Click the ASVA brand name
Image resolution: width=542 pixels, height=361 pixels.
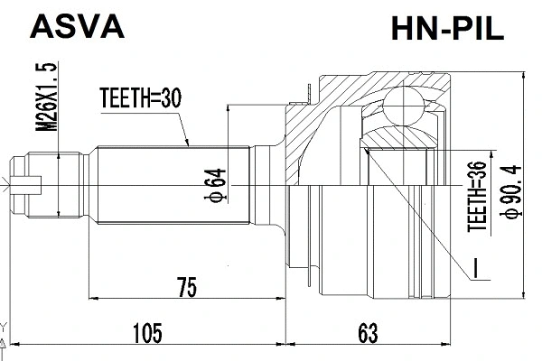(x=77, y=27)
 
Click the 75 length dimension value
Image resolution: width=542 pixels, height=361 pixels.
(x=186, y=288)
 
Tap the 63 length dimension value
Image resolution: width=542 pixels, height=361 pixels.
(x=366, y=334)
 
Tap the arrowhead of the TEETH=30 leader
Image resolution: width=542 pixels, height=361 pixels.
(x=187, y=143)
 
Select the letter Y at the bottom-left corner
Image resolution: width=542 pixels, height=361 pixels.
(x=5, y=326)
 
